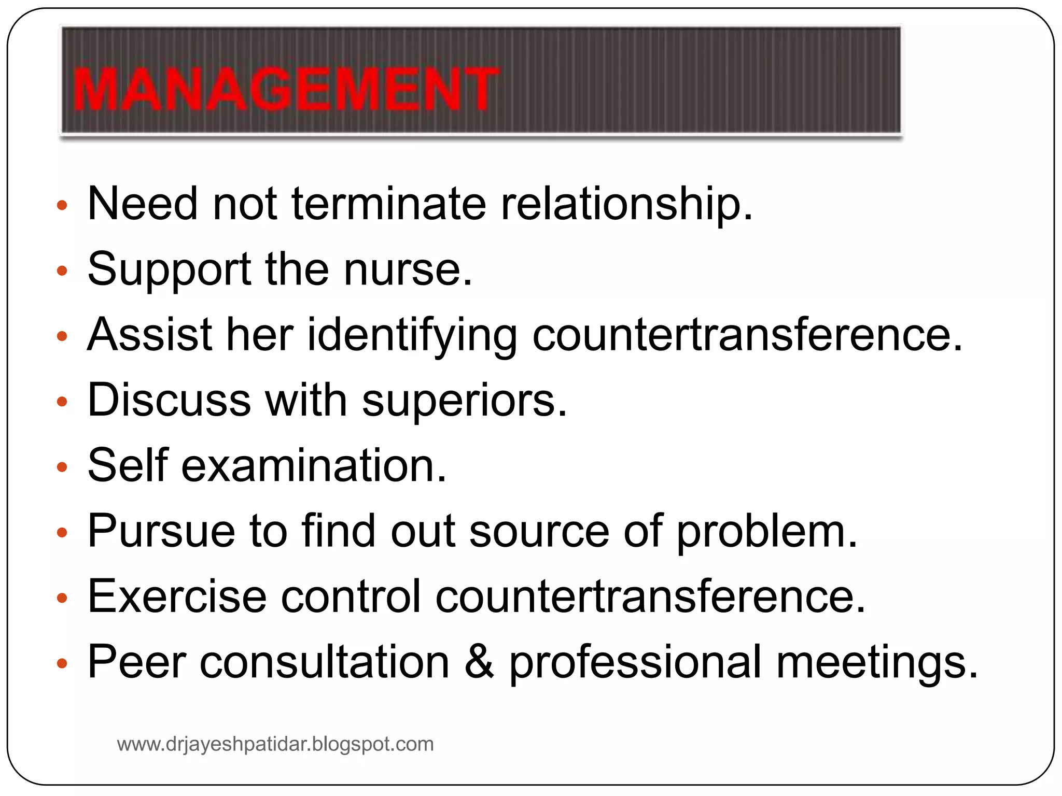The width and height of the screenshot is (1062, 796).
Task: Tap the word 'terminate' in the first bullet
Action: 389,203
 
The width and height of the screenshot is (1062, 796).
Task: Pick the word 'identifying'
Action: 412,336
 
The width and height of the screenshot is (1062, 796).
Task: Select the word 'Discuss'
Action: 169,400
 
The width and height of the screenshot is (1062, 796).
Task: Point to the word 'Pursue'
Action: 161,531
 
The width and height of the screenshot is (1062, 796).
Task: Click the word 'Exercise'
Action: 177,596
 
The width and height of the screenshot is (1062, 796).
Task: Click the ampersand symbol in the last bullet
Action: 479,662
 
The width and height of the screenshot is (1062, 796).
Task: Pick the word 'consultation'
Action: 325,662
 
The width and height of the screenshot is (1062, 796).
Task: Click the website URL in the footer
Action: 275,744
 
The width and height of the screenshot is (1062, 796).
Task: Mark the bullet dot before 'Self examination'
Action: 62,467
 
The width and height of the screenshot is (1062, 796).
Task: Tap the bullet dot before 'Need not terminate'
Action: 62,205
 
